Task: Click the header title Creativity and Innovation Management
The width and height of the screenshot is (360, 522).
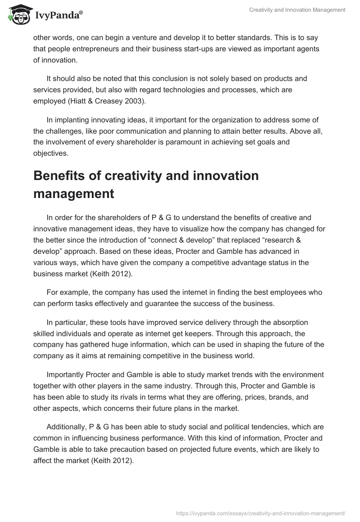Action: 297,9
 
